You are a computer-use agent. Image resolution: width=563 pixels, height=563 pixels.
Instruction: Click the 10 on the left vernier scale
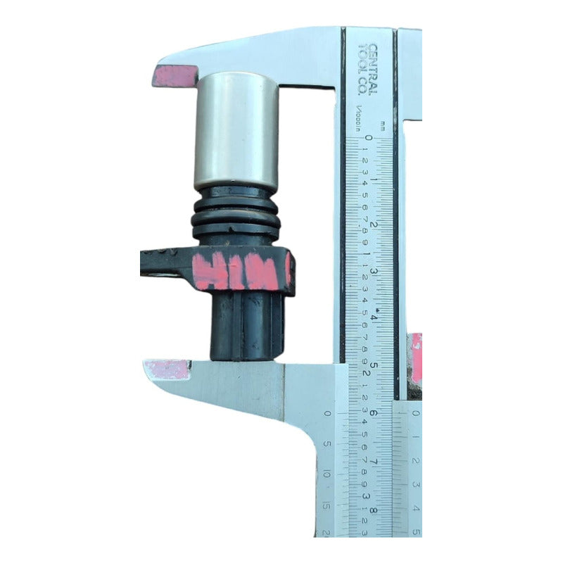click(327, 475)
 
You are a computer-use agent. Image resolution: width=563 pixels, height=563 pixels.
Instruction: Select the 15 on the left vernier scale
click(327, 504)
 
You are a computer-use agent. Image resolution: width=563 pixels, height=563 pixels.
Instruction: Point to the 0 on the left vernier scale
click(327, 415)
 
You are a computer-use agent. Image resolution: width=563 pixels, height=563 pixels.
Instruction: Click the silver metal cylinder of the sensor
click(236, 130)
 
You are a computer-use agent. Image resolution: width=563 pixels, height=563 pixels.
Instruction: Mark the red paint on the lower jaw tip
click(167, 369)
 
